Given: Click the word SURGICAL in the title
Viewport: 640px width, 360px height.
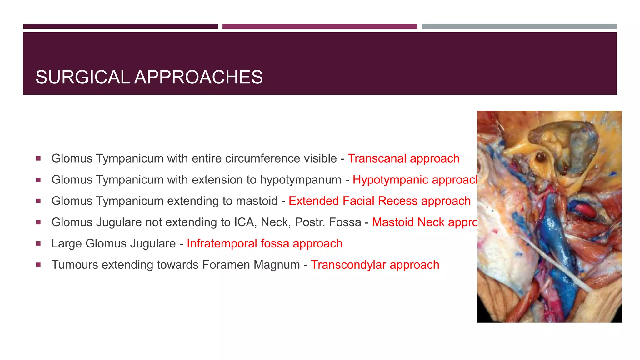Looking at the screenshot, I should (x=82, y=77).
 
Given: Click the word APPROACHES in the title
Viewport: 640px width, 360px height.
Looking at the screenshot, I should (x=198, y=77).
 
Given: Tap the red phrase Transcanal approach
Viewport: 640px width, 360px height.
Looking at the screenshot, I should (x=403, y=158).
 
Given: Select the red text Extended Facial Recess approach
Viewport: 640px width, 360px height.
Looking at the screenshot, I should (x=379, y=201).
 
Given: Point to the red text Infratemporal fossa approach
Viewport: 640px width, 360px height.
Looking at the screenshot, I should (x=264, y=243).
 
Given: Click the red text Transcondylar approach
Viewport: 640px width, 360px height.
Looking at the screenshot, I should (x=375, y=265).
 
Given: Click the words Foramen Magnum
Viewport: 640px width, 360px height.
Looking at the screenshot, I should (x=251, y=265).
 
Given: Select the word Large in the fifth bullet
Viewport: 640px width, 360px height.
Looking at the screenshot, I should (x=67, y=243).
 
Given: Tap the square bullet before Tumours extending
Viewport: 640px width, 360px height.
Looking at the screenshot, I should (x=38, y=265).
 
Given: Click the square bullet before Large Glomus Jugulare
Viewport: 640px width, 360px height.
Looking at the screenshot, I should (x=38, y=243).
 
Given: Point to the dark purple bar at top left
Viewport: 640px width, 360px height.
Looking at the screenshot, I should (x=120, y=27).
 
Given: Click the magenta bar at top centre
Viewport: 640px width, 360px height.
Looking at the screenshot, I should (x=319, y=27).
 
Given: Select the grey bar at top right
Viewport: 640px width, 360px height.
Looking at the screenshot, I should (x=519, y=27).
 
